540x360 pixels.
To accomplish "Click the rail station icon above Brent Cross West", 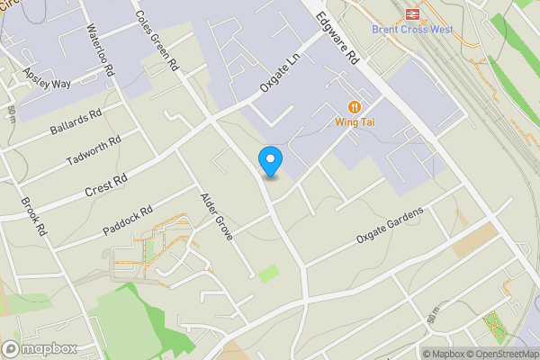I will click(x=413, y=13).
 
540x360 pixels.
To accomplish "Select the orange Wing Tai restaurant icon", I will click(x=355, y=105).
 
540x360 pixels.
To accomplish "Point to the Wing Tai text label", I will click(x=355, y=120).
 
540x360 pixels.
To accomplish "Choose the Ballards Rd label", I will click(x=76, y=123).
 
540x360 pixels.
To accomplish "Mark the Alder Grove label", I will click(x=217, y=216).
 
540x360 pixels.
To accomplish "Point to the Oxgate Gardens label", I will click(x=389, y=225).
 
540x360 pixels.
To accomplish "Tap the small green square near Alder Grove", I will click(x=268, y=274).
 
